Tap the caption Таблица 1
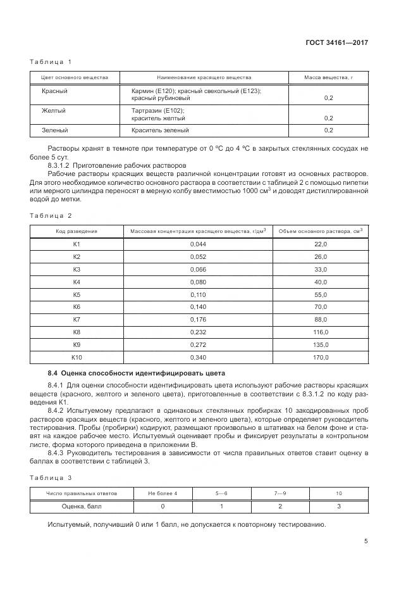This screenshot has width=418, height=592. pos(51,61)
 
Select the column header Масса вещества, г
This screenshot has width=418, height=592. pos(329,78)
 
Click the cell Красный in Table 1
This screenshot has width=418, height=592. pos(55,91)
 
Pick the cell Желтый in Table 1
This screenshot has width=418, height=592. pos(54,111)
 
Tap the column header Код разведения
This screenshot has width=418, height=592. pos(77,230)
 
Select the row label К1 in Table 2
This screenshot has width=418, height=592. pos(77,244)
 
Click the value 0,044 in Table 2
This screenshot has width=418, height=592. pos(198,244)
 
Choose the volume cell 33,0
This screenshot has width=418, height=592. pos(321,269)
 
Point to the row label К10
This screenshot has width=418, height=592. pos(77,358)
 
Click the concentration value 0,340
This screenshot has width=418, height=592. pos(198,358)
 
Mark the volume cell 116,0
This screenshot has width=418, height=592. pos(321,332)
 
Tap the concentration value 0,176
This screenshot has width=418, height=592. pos(198,320)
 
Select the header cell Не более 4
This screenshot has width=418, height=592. pos(163,493)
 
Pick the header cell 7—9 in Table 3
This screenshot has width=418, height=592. pos(280,493)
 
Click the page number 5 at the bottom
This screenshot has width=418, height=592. pos(366,541)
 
